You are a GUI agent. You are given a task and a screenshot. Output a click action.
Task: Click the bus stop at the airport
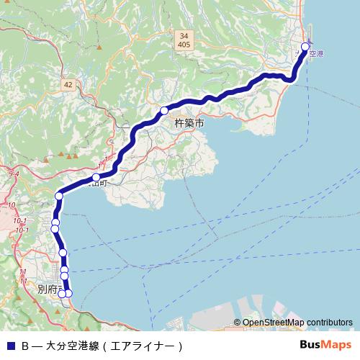tap(305, 47)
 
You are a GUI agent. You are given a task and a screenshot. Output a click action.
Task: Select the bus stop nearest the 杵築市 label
tap(164, 110)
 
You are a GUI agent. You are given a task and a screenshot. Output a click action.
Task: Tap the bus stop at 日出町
tap(96, 177)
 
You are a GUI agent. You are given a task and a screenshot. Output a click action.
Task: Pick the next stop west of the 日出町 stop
tap(59, 195)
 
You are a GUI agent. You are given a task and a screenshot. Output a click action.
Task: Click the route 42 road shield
tap(68, 85)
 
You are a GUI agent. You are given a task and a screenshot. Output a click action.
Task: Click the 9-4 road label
tap(14, 174)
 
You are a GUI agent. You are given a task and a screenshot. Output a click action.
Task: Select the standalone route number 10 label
tap(12, 205)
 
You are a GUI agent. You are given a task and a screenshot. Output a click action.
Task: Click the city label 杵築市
tap(189, 124)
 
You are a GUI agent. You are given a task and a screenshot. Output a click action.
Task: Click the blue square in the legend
tap(9, 346)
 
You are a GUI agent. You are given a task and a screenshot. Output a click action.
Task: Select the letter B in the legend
tap(24, 346)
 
